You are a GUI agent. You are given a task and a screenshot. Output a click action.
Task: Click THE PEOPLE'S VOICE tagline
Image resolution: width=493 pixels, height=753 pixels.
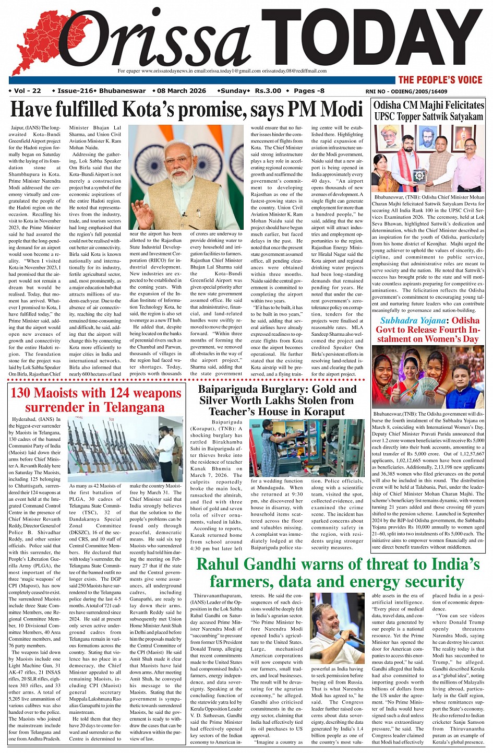click(x=440, y=80)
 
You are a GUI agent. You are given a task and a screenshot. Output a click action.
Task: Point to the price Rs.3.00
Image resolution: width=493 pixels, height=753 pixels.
click(x=268, y=91)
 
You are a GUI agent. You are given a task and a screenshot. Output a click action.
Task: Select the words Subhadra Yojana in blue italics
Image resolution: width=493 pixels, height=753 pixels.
click(x=413, y=321)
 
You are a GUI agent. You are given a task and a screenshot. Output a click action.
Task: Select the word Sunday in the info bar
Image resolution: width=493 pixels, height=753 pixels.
click(x=234, y=91)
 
